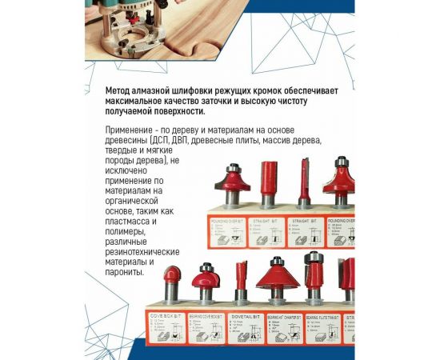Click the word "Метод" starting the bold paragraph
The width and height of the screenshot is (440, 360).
pos(121,90)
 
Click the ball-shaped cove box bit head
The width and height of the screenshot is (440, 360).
pos(172,279)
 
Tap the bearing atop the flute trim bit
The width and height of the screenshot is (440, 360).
pos(313,258)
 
